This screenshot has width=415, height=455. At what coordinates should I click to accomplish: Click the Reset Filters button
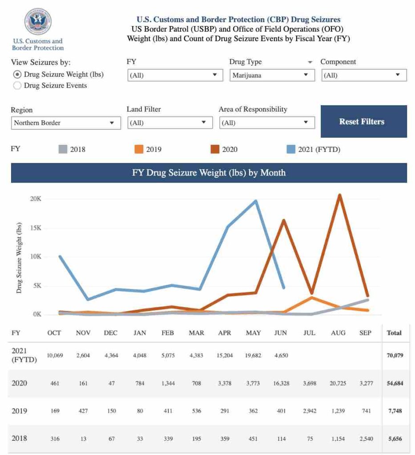click(x=363, y=121)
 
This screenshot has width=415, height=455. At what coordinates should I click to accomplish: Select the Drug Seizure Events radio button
click(x=17, y=86)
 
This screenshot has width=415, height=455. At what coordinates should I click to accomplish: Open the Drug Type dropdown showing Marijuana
click(x=272, y=75)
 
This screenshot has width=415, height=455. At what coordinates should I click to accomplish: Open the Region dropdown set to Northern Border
click(x=66, y=123)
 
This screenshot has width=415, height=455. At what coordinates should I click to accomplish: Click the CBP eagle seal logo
click(x=38, y=21)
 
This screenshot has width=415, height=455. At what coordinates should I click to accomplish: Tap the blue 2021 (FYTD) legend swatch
click(x=291, y=149)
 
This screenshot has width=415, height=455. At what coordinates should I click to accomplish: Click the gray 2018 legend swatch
click(x=63, y=149)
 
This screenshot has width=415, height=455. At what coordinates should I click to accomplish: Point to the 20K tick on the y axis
click(x=36, y=199)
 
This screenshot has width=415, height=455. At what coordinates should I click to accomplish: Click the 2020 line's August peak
click(x=339, y=195)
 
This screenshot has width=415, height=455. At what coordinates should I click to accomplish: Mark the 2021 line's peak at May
click(x=255, y=201)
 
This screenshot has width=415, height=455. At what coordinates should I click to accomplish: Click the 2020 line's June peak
click(x=283, y=220)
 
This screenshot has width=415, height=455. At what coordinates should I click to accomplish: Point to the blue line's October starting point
click(x=60, y=256)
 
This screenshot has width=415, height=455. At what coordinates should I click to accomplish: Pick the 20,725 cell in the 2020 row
click(x=338, y=383)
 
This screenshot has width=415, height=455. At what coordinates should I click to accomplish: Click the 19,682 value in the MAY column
click(x=253, y=355)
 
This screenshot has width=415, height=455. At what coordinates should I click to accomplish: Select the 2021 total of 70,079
click(x=395, y=355)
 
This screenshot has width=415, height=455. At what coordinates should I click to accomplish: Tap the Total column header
click(x=394, y=333)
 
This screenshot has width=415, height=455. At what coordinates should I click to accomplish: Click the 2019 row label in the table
click(x=19, y=411)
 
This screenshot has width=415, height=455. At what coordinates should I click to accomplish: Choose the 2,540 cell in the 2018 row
click(x=366, y=439)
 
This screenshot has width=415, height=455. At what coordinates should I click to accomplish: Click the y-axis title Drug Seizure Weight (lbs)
click(x=19, y=258)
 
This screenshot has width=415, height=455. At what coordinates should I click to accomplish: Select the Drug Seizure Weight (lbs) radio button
click(x=17, y=75)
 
